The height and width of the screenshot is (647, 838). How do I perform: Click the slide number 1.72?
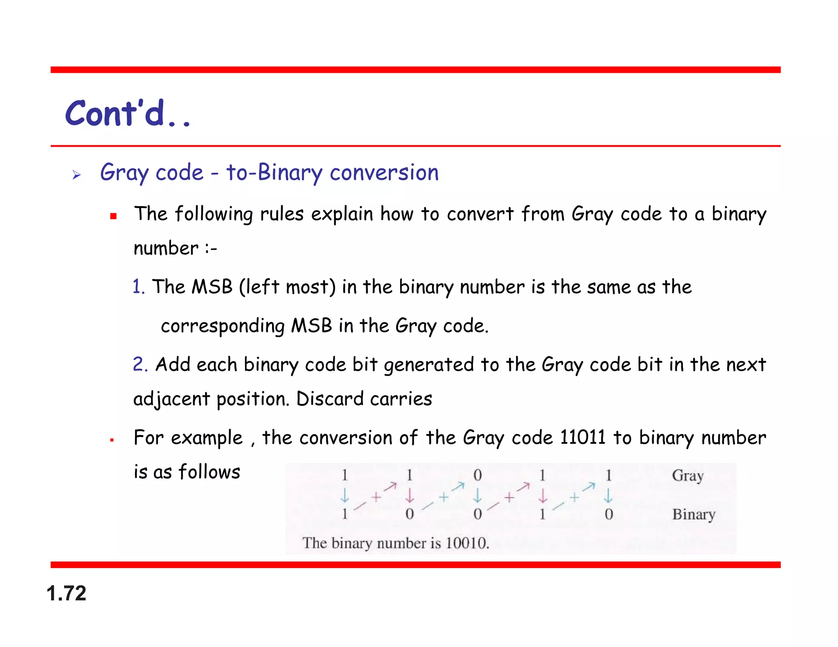(66, 593)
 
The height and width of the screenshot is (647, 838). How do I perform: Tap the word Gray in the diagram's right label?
(687, 476)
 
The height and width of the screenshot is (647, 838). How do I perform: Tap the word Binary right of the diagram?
(694, 514)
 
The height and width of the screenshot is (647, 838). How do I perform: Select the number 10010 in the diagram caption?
(467, 544)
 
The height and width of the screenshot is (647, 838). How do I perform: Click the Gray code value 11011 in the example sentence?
(582, 437)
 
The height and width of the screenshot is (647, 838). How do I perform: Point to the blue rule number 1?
(138, 287)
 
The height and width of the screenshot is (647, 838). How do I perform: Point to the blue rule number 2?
(140, 364)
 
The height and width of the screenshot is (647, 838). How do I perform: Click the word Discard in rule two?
(329, 399)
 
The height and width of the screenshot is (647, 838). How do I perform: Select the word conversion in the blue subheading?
(384, 172)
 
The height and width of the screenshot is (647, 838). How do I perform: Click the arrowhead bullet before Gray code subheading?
(77, 175)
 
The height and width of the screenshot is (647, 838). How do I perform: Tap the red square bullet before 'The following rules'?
(113, 216)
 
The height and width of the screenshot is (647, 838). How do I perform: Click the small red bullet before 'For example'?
(112, 440)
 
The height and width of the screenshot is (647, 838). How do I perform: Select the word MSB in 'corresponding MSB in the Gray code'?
(311, 326)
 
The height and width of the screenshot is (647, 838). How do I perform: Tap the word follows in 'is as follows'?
(209, 472)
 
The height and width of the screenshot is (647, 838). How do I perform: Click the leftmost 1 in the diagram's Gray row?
(345, 476)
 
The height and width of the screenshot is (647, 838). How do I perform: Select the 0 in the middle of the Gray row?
(478, 476)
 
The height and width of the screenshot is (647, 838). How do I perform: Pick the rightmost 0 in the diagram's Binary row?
(608, 514)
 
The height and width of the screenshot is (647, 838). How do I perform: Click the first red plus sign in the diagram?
(376, 497)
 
